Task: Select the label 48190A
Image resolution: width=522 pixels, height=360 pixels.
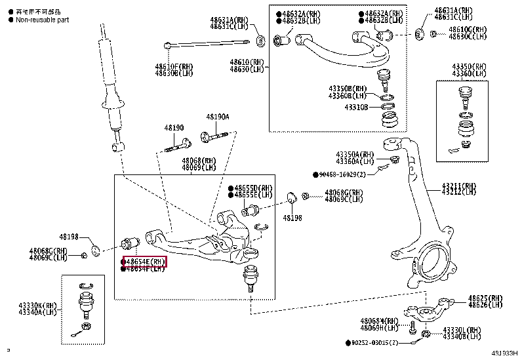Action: [x=218, y=117]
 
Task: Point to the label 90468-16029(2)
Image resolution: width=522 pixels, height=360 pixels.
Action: [x=348, y=174]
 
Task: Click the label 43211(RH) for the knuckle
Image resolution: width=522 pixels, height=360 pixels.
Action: [x=458, y=186]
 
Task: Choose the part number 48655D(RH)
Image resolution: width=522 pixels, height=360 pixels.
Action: [x=252, y=188]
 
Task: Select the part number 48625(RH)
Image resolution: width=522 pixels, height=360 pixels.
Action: [x=486, y=298]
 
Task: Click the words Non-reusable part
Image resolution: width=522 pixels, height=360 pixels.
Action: [x=41, y=20]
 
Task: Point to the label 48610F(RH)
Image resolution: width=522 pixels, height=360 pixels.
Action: [x=174, y=66]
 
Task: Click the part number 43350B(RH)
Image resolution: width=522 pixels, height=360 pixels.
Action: [x=348, y=89]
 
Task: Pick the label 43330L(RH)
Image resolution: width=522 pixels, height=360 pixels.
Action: [x=462, y=330]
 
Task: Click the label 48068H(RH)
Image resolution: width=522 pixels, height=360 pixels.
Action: [x=379, y=321]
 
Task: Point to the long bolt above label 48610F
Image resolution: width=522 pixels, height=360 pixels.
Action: [x=207, y=45]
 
